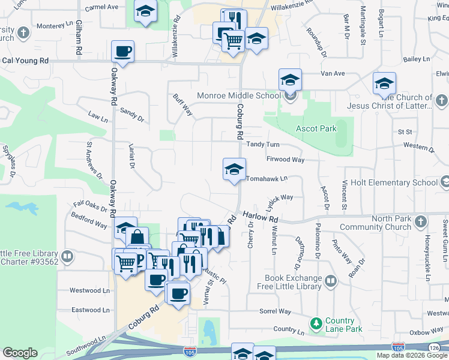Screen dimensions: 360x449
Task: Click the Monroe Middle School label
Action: click(238, 95)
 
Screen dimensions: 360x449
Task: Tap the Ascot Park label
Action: click(316, 128)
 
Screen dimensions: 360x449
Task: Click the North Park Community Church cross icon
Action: click(420, 223)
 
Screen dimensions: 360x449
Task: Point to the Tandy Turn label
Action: click(263, 145)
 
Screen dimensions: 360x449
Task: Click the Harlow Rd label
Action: click(261, 215)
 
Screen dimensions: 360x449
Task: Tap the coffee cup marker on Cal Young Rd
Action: click(122, 52)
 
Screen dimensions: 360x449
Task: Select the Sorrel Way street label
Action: click(275, 312)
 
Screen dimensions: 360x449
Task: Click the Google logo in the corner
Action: click(20, 352)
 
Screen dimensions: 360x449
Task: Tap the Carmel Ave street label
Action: click(101, 7)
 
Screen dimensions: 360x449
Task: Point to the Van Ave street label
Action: click(333, 73)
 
